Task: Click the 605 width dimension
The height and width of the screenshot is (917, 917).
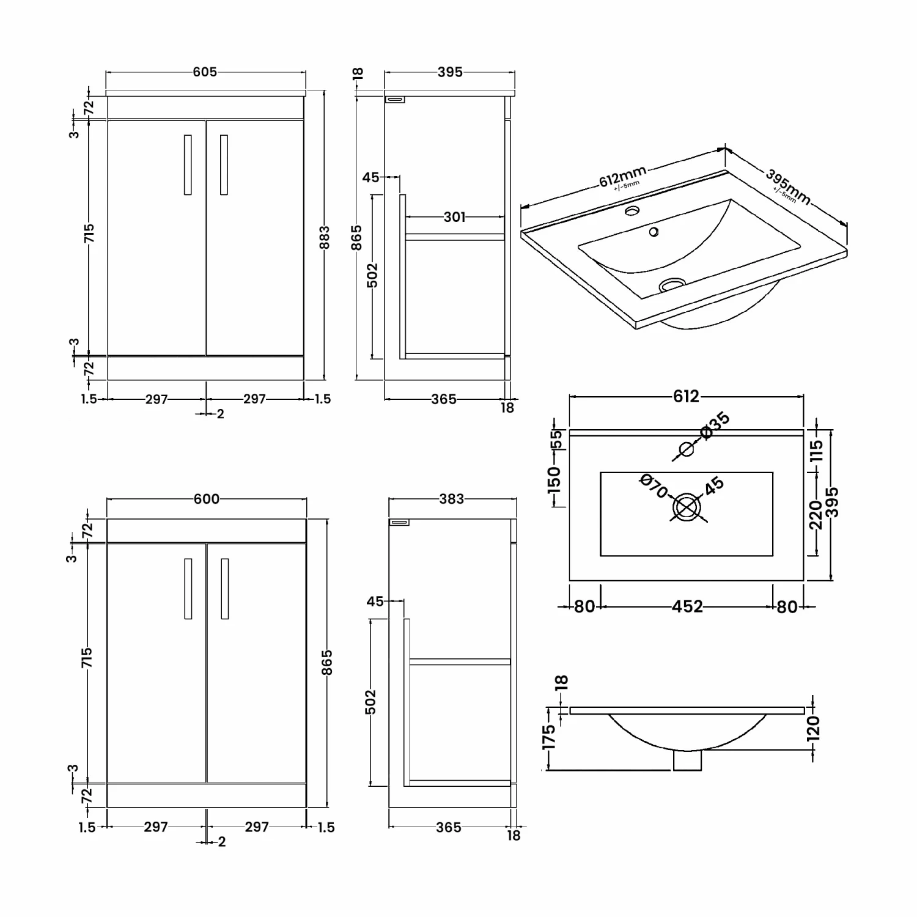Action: pyautogui.click(x=205, y=72)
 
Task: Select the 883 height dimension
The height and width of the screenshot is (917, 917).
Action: pyautogui.click(x=325, y=238)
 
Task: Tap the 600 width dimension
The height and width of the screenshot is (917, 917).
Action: pyautogui.click(x=207, y=499)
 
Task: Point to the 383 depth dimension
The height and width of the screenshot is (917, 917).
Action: pyautogui.click(x=452, y=499)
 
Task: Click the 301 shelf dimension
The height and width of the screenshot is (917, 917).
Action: pyautogui.click(x=454, y=217)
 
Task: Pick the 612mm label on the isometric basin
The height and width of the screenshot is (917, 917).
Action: pyautogui.click(x=622, y=177)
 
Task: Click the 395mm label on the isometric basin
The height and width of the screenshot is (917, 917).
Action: pyautogui.click(x=788, y=186)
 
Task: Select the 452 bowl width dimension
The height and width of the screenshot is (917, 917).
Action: pyautogui.click(x=687, y=606)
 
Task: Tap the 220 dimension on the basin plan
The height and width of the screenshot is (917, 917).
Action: pyautogui.click(x=816, y=515)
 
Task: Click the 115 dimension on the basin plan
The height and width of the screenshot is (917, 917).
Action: pyautogui.click(x=817, y=451)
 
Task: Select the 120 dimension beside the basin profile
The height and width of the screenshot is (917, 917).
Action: pyautogui.click(x=813, y=729)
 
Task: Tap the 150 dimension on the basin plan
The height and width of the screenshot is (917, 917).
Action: pyautogui.click(x=554, y=480)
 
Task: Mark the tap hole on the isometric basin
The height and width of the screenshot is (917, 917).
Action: pyautogui.click(x=632, y=212)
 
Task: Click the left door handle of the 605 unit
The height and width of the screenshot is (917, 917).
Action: pyautogui.click(x=188, y=165)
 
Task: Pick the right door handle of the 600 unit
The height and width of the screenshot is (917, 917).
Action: pyautogui.click(x=225, y=589)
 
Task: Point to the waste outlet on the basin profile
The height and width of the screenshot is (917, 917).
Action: pyautogui.click(x=688, y=760)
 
